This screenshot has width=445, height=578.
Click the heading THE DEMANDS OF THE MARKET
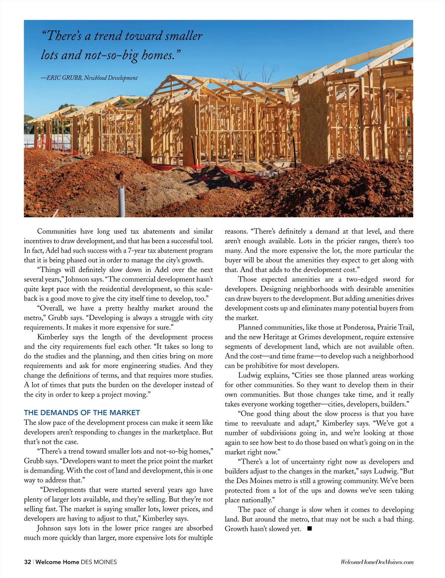click(82, 413)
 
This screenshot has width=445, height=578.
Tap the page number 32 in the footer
click(27, 562)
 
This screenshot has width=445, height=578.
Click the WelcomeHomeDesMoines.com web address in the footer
click(377, 562)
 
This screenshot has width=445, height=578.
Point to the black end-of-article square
click(310, 529)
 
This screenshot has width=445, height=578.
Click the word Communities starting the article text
click(57, 231)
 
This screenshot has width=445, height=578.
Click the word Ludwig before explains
click(250, 375)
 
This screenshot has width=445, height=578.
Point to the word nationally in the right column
click(259, 500)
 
